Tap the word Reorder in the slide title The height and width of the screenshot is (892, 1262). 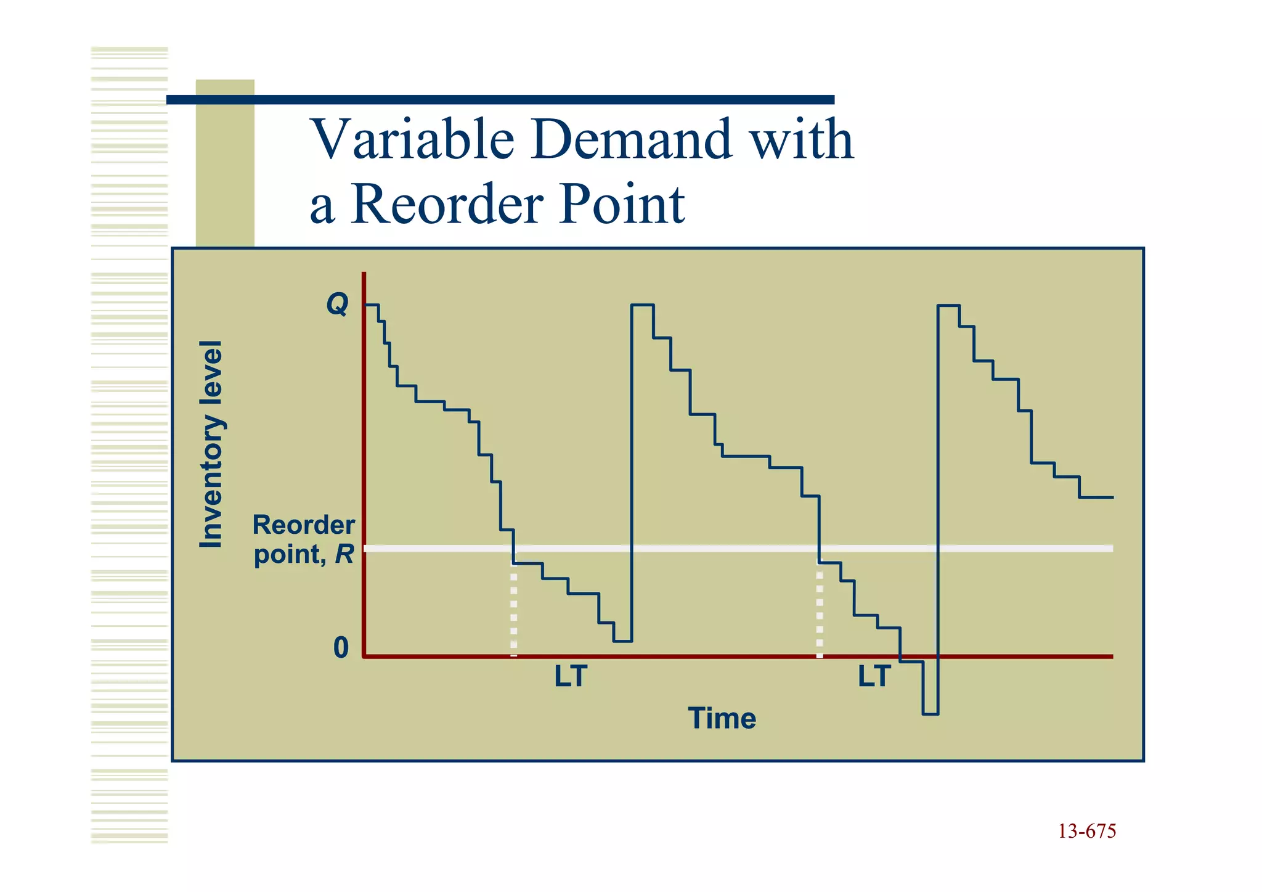(x=449, y=205)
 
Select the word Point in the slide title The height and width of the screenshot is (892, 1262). (x=622, y=205)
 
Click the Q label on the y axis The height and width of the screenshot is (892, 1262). (x=337, y=304)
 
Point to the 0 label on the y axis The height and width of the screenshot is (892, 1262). (x=341, y=648)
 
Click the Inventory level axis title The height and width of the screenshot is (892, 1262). (x=211, y=444)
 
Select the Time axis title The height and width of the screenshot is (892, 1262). (x=722, y=719)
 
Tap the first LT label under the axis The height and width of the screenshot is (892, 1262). (x=571, y=677)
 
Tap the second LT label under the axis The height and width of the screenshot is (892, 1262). (x=874, y=677)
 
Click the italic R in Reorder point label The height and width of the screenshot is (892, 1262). (x=344, y=555)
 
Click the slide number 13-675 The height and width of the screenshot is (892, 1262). (x=1087, y=832)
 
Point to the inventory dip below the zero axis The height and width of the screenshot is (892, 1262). (x=930, y=697)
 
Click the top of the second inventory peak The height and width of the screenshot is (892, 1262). (x=642, y=305)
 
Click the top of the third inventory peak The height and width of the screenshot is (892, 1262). (x=948, y=305)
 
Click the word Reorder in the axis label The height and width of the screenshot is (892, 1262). (x=304, y=526)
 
